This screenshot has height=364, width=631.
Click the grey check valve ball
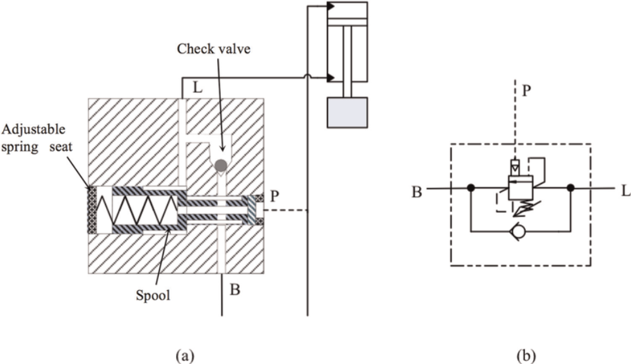220,165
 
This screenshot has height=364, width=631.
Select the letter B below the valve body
235,291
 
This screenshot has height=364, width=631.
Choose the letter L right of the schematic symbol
625,191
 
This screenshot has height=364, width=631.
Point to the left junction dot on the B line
470,188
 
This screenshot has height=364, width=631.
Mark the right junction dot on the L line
570,188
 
